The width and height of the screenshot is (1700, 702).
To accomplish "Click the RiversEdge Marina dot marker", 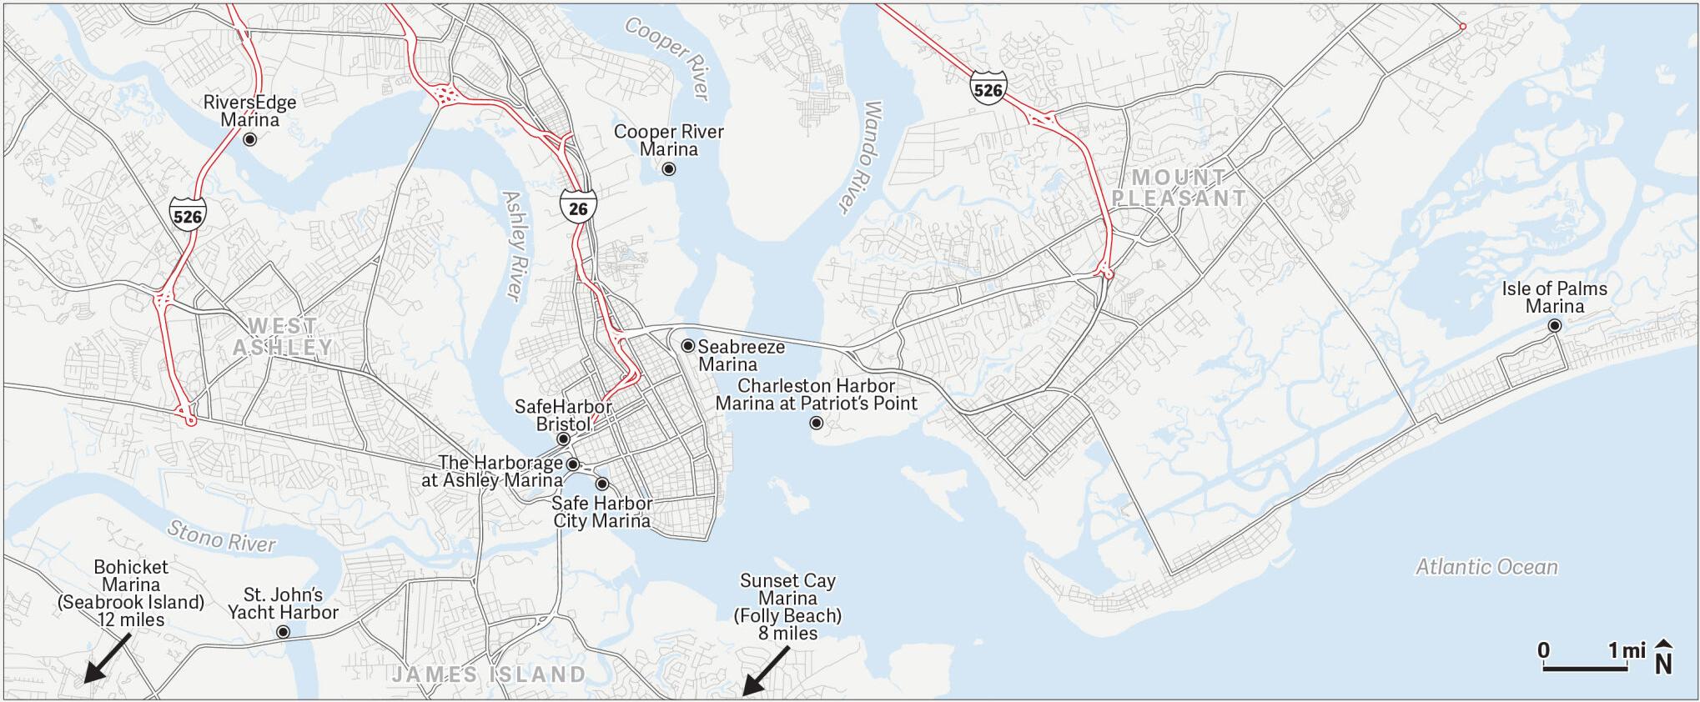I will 249,139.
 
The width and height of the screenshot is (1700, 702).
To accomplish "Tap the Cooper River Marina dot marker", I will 669,169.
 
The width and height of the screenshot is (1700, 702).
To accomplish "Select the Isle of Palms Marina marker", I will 1555,326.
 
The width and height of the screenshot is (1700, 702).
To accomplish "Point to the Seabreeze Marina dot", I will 688,345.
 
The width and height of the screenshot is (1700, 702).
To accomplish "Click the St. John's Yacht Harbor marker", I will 284,632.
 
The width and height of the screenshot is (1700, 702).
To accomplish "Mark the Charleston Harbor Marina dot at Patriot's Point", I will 817,424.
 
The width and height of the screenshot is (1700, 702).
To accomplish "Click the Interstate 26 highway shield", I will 578,208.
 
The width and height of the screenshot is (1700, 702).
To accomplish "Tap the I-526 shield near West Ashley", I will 188,216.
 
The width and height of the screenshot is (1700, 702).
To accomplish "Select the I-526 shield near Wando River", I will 988,88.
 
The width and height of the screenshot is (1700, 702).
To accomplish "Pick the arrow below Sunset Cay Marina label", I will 766,669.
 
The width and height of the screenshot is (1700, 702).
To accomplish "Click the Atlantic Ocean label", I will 1486,567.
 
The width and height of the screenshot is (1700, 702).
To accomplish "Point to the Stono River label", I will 221,536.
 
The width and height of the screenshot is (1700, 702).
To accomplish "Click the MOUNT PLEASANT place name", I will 1179,188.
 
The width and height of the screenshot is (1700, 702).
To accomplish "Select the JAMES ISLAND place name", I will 489,674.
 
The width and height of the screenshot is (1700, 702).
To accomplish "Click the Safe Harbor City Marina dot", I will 602,484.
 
